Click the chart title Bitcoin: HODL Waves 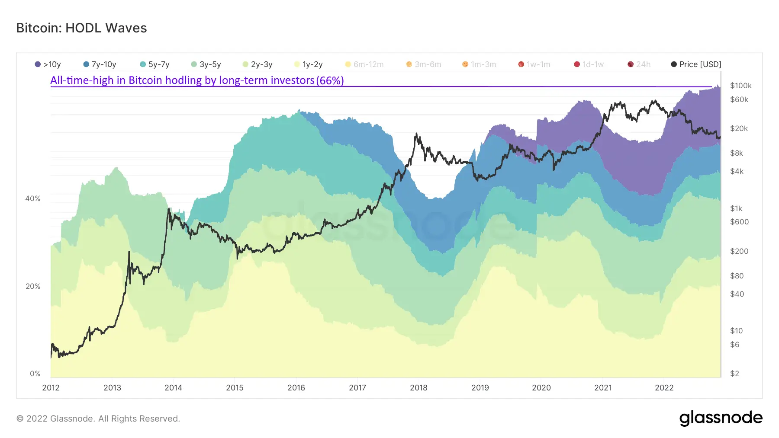pos(81,28)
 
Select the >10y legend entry pos(48,64)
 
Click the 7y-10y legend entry pos(100,64)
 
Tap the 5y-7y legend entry pos(155,64)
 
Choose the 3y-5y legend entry pos(206,64)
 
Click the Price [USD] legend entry pos(696,64)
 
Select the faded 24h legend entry pos(639,64)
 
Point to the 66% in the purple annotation pos(330,80)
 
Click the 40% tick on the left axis pos(33,198)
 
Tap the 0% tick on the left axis pos(35,374)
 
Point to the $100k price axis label pos(740,86)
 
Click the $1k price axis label pos(736,208)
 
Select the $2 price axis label pos(734,374)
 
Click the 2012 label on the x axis pos(51,388)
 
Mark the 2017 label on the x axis pos(357,388)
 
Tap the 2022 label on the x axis pos(664,388)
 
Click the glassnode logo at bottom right pos(721,418)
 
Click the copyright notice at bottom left pos(98,419)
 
